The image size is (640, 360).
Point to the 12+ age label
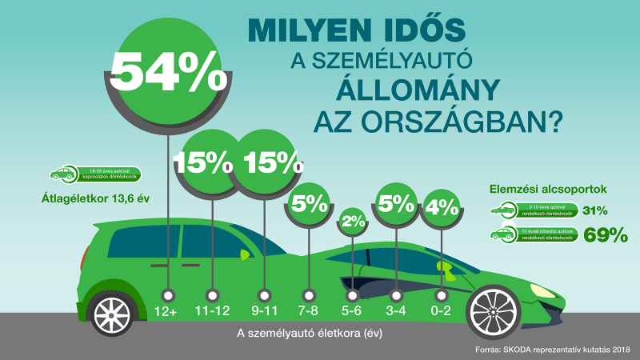(166, 311)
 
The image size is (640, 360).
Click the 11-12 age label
(213, 311)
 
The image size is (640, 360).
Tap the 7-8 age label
(307, 311)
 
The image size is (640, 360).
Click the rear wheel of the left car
(113, 313)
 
